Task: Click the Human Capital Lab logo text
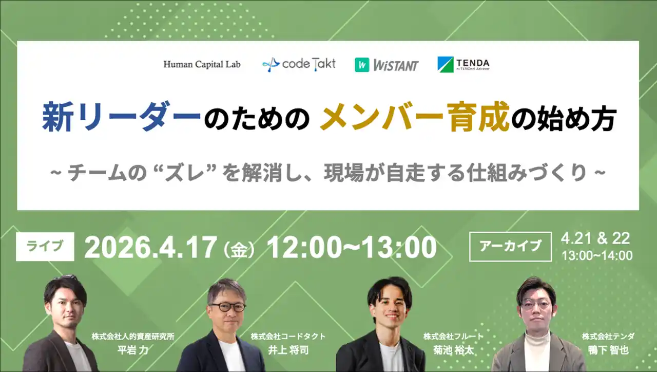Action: (202, 64)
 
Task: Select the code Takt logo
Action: (299, 64)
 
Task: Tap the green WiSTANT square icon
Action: (362, 65)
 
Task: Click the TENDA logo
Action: (463, 64)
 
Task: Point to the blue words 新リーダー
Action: (121, 117)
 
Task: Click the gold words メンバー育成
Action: (414, 116)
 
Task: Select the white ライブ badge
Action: (45, 247)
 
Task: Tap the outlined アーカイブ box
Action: (510, 247)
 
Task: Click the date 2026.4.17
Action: (150, 248)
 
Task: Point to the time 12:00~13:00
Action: (352, 248)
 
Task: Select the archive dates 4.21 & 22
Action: (595, 238)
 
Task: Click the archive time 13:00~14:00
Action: (597, 256)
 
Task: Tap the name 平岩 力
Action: (133, 350)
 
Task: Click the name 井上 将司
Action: (288, 350)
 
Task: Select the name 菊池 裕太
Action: (453, 350)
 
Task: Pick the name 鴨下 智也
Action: (608, 350)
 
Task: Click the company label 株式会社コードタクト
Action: (288, 337)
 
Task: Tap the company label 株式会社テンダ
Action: (608, 337)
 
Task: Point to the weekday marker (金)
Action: (239, 251)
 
